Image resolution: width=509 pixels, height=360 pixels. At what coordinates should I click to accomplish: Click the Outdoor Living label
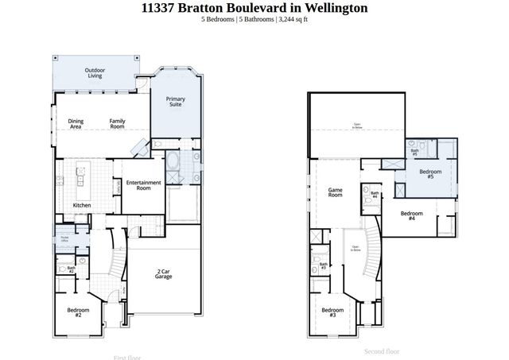(x=95, y=72)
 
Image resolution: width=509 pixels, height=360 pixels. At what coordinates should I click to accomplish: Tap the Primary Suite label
(x=175, y=101)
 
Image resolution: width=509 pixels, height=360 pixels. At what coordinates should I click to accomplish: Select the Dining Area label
(x=76, y=123)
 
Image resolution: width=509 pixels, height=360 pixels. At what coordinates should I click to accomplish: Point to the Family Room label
(x=117, y=123)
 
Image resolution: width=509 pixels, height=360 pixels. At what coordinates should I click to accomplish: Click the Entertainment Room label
(x=144, y=185)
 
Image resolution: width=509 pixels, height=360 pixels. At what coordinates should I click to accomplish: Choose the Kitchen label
(x=82, y=206)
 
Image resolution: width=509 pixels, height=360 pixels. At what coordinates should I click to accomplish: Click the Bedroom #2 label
(x=79, y=312)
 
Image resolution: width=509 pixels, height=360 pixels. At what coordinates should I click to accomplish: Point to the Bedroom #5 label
(x=430, y=174)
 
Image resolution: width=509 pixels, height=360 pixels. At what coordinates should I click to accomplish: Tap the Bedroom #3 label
(x=332, y=312)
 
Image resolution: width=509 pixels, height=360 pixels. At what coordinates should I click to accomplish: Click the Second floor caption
(x=382, y=350)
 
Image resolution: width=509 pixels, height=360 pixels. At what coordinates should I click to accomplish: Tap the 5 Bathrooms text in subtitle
(x=255, y=19)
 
